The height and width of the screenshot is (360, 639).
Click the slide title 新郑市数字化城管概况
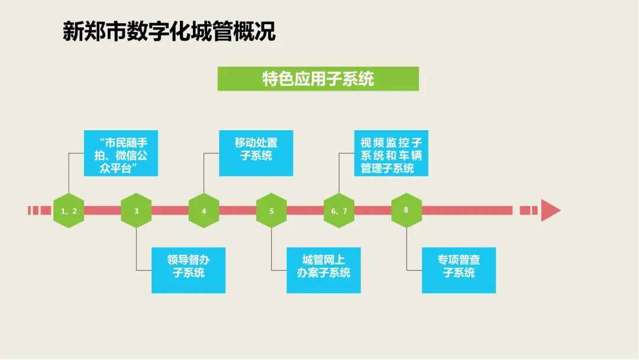point(169,31)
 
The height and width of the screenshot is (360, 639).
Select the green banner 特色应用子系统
point(318,79)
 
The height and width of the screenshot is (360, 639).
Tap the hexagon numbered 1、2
point(69,210)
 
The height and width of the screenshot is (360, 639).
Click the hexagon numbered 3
point(136,210)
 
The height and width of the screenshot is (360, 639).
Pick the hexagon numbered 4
point(204,210)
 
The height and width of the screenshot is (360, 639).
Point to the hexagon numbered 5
point(272,210)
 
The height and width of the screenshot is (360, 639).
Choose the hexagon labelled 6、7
point(339,210)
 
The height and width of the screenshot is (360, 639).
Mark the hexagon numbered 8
point(406,210)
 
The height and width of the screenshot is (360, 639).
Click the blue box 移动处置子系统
point(256,153)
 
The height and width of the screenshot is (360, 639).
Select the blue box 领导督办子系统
point(188,271)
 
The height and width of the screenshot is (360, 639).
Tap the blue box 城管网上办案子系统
point(324,271)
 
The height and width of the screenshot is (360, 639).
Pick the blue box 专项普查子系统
point(459,271)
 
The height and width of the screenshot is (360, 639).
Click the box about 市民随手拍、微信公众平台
point(121,153)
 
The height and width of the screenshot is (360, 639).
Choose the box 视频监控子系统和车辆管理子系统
point(391,153)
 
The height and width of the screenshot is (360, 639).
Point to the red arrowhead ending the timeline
point(551,210)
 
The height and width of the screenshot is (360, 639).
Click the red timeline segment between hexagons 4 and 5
point(238,210)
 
